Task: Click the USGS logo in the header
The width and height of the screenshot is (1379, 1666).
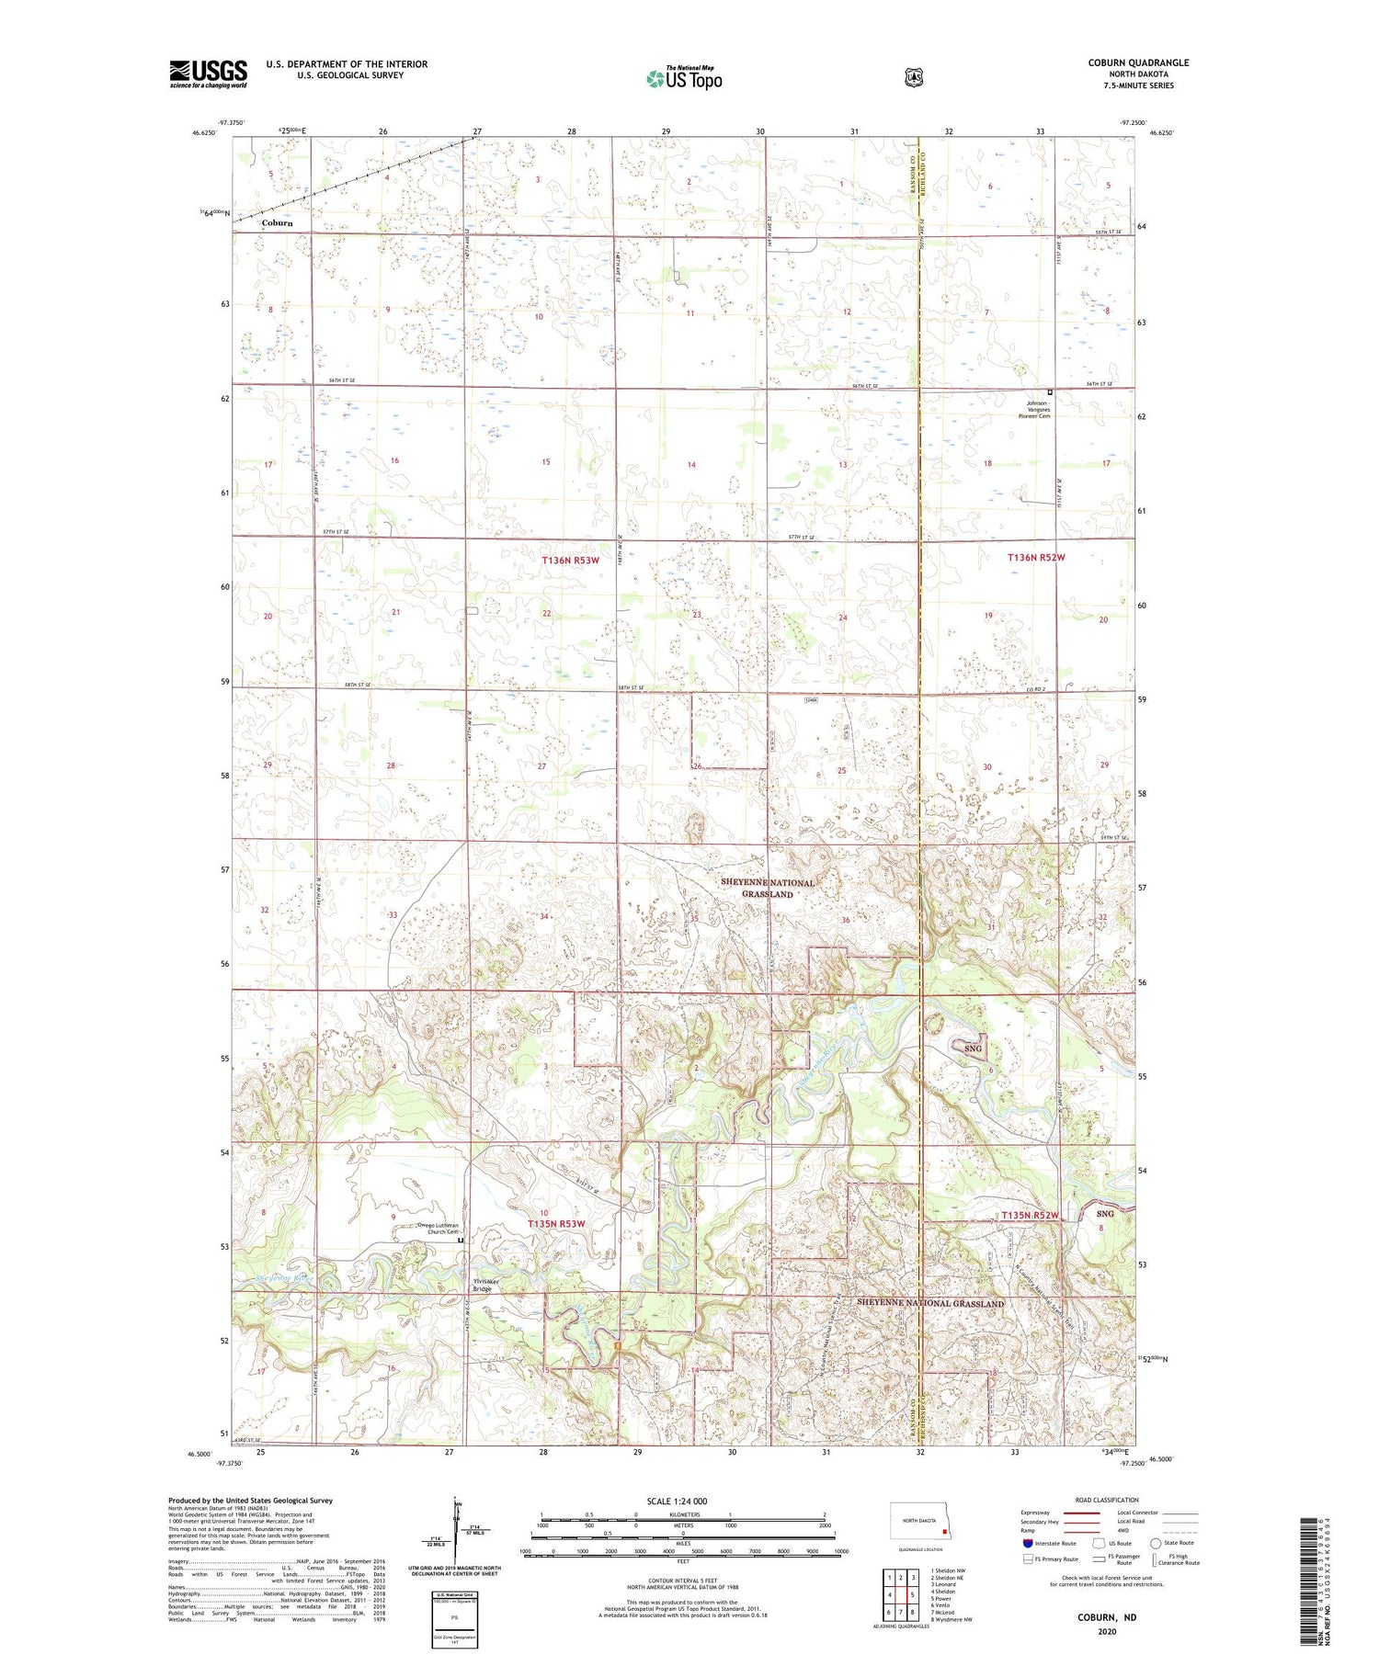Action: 208,74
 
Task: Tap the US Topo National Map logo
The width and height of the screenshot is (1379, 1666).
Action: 684,78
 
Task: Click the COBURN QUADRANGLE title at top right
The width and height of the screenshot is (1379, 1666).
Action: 1138,62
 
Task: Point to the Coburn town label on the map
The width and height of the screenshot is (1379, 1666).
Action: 277,223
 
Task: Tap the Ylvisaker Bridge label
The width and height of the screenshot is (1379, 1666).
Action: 482,1285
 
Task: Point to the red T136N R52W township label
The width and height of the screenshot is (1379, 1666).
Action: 1035,558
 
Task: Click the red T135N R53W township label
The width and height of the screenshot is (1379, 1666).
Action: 556,1224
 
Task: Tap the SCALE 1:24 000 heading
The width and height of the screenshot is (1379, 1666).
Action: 677,1501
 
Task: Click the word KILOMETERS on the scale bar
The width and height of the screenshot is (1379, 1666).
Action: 681,1513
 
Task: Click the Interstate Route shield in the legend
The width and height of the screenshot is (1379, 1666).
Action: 1028,1543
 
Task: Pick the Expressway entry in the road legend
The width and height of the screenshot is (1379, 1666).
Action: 1034,1513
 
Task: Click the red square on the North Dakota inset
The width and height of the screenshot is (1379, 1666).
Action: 944,1531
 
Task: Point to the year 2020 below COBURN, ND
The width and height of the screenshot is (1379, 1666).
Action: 1107,1631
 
